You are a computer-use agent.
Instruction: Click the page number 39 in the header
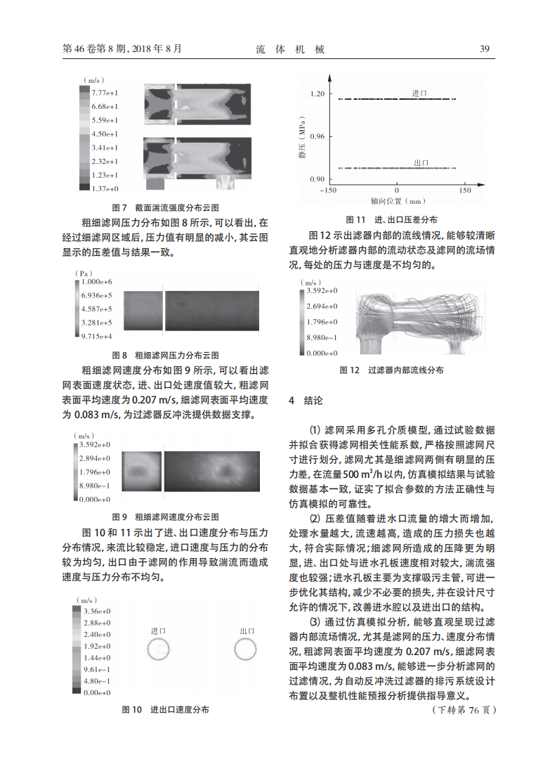(x=484, y=48)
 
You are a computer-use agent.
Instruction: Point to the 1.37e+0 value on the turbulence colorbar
(x=105, y=188)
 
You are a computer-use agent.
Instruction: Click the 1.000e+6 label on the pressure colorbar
(x=96, y=281)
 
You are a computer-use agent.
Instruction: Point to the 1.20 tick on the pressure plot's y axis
(x=317, y=93)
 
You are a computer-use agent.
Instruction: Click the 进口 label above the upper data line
(x=420, y=93)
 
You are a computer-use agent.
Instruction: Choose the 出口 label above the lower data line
(x=422, y=162)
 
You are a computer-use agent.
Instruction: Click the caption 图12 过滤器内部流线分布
(x=391, y=370)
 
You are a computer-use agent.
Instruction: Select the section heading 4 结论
(x=306, y=401)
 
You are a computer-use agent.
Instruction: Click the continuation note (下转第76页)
(x=463, y=711)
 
